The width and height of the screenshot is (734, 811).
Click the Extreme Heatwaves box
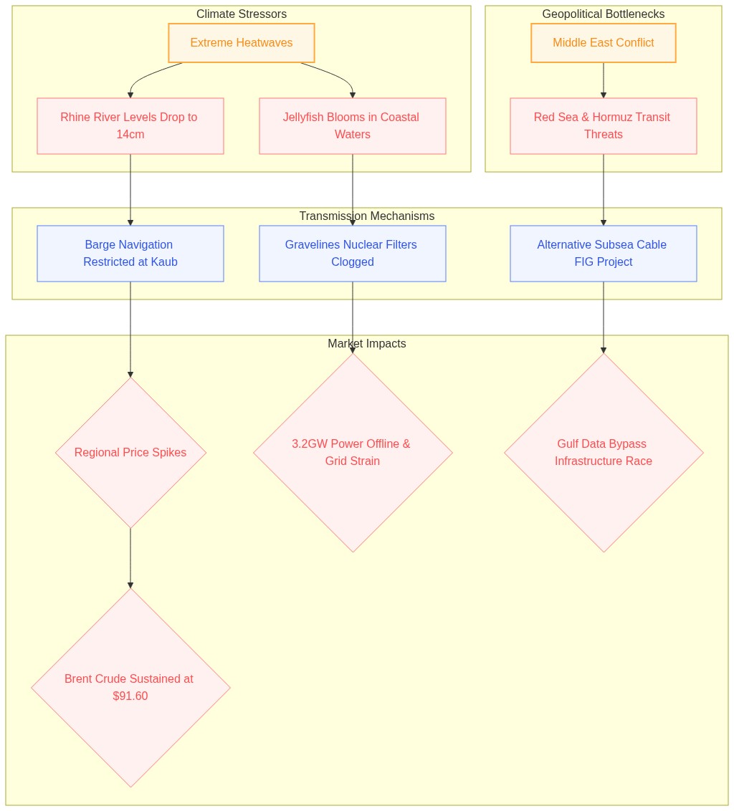click(242, 43)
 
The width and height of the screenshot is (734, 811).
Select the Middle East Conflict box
click(603, 43)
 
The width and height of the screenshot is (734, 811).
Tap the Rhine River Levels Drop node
click(130, 125)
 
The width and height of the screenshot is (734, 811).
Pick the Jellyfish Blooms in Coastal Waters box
click(353, 125)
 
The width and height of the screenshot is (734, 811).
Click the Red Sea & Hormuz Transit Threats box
click(603, 125)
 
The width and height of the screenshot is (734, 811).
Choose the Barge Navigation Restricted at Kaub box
click(130, 254)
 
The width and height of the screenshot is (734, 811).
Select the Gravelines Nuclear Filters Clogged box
click(353, 254)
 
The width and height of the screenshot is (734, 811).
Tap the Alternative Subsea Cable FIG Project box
click(603, 254)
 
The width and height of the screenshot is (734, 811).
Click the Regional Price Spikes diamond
click(130, 453)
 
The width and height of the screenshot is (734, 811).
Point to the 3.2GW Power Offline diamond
click(353, 453)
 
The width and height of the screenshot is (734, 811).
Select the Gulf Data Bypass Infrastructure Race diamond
click(603, 453)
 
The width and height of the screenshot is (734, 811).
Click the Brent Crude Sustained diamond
click(130, 687)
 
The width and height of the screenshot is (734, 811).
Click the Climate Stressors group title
click(242, 14)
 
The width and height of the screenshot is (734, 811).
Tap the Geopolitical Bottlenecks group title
click(603, 14)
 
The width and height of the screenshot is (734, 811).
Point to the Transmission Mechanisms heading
click(366, 216)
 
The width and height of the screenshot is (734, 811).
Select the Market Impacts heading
click(366, 343)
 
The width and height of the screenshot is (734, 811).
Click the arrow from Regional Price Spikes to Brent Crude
click(130, 558)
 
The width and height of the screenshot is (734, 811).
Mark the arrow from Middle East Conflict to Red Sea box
click(603, 80)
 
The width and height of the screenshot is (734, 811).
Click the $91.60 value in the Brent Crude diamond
click(130, 696)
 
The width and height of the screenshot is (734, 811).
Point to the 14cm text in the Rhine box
click(130, 135)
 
